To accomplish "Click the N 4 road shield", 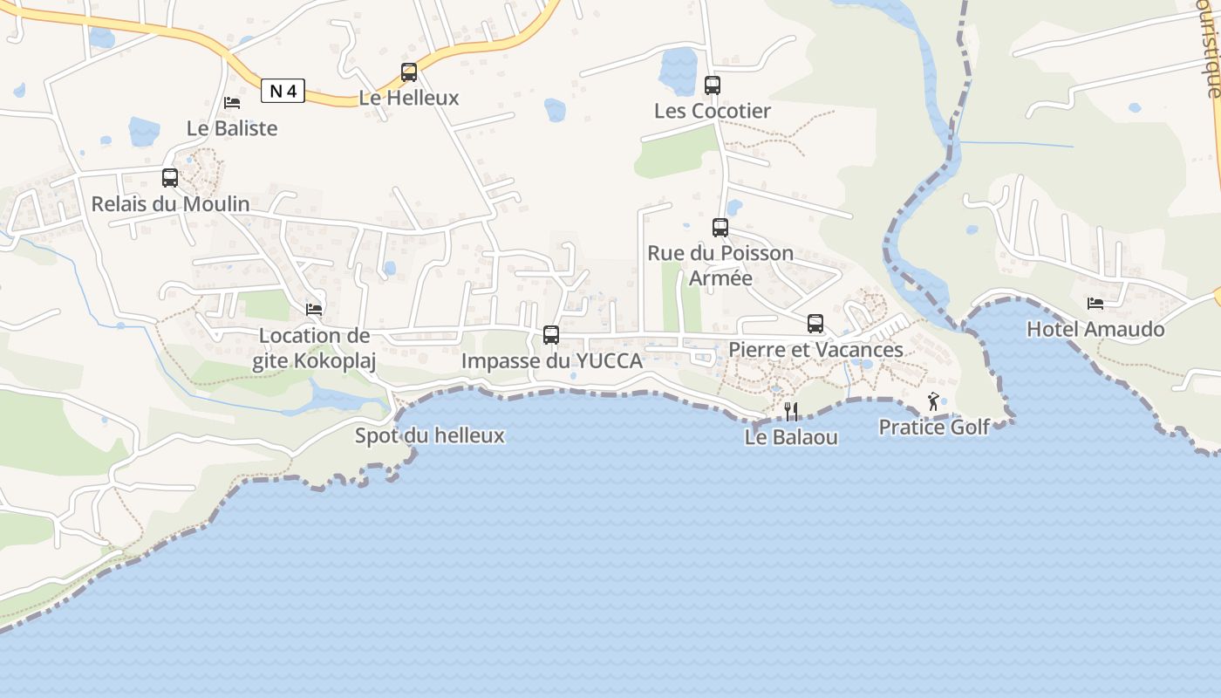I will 283,91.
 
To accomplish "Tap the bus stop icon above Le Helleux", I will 409,72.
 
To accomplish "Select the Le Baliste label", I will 232,128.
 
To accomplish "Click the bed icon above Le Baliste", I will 232,103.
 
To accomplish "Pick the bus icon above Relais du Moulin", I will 170,178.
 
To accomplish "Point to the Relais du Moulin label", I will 171,204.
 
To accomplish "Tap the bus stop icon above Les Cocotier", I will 713,86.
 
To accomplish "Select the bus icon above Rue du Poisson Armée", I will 720,228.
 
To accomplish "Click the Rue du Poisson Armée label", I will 720,265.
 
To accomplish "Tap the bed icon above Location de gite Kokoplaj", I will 314,310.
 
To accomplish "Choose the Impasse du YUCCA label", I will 551,361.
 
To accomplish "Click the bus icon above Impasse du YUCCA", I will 551,335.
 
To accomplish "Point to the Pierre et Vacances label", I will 815,350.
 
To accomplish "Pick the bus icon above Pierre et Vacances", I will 815,324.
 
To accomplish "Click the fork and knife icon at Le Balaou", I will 791,411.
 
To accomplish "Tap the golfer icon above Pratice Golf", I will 934,401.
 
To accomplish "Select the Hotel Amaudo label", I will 1095,330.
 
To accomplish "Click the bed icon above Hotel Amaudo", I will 1095,304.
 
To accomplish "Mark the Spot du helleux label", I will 429,435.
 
